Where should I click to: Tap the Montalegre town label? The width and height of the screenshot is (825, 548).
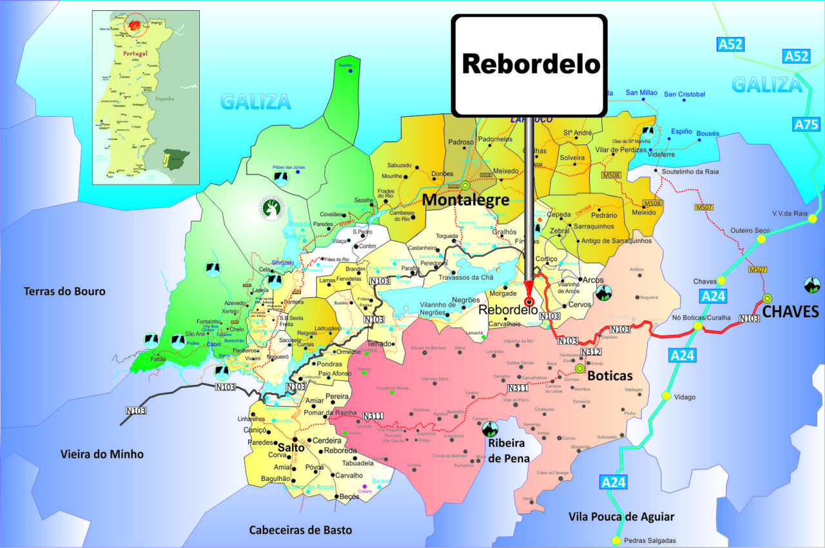click(465, 200)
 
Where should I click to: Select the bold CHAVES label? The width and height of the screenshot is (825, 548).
click(790, 312)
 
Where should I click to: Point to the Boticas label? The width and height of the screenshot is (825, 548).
click(610, 375)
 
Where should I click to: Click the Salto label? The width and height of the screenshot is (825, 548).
click(291, 447)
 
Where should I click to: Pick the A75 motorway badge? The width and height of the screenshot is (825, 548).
click(806, 124)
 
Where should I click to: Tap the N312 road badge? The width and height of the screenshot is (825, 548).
click(590, 352)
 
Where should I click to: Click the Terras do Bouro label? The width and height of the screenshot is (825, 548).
click(64, 291)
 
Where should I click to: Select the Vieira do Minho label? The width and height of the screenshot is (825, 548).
click(102, 454)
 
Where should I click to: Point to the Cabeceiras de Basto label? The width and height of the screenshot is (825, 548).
click(301, 530)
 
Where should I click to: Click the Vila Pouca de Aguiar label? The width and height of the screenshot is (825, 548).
click(621, 516)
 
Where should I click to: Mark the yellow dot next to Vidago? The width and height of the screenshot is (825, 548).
click(666, 396)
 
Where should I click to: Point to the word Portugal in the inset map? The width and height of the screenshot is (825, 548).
click(131, 53)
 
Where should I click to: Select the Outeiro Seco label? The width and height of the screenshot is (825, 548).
click(750, 230)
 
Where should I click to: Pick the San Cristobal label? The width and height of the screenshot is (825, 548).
click(684, 94)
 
